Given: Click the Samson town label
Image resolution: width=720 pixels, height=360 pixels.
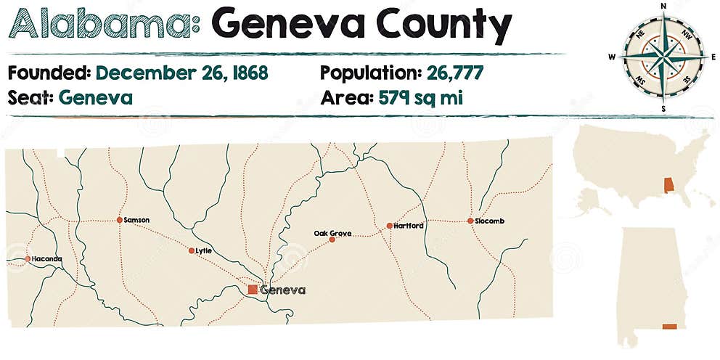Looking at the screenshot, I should tap(136, 219).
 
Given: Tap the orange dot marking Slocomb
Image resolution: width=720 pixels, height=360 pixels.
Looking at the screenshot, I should tap(470, 221).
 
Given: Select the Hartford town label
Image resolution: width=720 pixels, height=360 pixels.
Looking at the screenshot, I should tap(409, 226).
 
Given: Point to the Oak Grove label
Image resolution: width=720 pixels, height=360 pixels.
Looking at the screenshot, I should tap(332, 233).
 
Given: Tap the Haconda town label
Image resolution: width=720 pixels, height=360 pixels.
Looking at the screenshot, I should tap(48, 259).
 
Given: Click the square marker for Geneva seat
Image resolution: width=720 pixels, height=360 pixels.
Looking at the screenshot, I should tap(252, 290).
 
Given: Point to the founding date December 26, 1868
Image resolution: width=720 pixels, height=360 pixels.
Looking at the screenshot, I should tap(182, 73).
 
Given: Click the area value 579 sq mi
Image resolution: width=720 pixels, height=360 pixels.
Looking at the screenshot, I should tap(421, 97).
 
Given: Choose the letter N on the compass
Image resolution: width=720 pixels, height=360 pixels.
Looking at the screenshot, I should tap(663, 5).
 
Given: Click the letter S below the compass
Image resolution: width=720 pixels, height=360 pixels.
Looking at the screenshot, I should tap(663, 108).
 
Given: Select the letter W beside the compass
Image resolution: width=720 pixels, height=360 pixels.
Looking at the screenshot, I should tap(611, 57).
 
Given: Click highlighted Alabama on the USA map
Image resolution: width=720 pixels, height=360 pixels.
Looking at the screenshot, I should tap(668, 185).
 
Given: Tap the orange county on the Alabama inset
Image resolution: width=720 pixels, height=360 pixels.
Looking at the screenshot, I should tap(670, 328).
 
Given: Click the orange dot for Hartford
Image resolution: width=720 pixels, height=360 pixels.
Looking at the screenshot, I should tap(390, 226).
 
